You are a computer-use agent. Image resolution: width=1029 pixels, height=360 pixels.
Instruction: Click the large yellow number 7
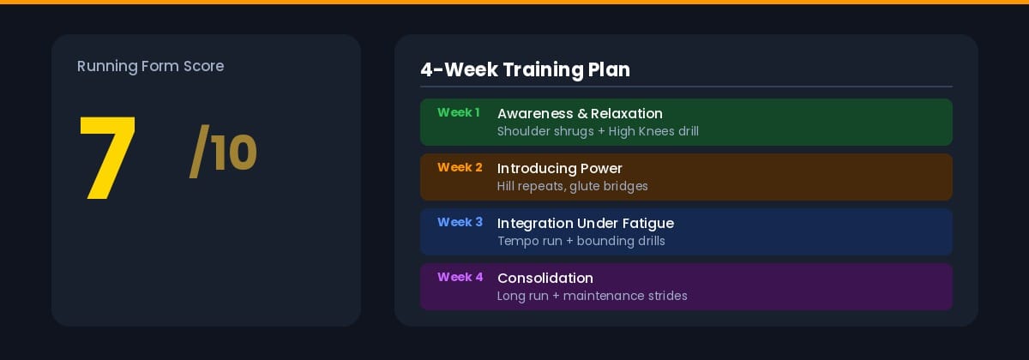tap(108, 159)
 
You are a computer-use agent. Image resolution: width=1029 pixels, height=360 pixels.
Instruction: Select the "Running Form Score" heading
tap(150, 66)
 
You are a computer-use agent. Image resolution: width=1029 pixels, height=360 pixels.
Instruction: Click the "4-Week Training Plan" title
tap(525, 69)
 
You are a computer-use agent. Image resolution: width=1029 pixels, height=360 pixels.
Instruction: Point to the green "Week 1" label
tap(459, 112)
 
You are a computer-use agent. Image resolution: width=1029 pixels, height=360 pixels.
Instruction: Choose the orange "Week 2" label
tap(460, 167)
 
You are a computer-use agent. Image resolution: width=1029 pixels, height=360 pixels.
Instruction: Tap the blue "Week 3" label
tap(460, 222)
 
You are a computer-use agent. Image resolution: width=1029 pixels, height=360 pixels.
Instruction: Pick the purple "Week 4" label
tap(460, 277)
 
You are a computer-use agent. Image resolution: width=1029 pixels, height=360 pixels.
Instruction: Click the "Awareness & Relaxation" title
tap(580, 113)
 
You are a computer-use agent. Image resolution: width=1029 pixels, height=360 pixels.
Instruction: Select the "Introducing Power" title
tap(560, 168)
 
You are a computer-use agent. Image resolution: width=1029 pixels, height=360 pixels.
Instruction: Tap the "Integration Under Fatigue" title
tap(586, 223)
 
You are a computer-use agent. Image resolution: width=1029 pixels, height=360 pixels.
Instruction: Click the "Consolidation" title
tap(545, 278)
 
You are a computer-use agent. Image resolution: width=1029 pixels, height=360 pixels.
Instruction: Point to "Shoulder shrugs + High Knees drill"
tap(598, 131)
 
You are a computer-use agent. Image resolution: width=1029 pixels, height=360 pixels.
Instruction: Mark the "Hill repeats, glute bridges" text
tap(573, 186)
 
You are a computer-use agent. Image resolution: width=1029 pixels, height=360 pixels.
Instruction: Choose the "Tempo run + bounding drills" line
tap(581, 241)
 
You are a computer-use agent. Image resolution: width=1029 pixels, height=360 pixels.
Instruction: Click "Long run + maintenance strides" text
tap(593, 296)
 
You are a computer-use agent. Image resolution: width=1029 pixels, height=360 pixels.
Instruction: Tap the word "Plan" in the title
tap(609, 69)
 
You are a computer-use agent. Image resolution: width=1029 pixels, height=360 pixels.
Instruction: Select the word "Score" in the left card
tap(203, 66)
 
